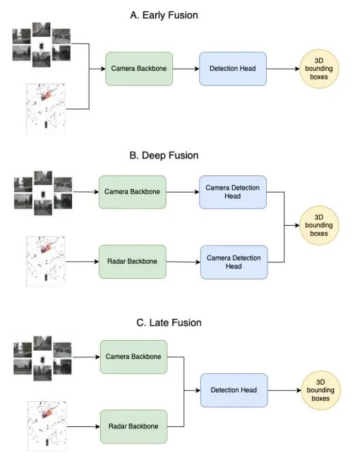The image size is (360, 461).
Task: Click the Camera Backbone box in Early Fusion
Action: coord(139,69)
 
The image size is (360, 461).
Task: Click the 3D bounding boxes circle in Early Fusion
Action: coord(321,70)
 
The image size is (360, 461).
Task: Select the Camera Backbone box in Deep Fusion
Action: coord(132,192)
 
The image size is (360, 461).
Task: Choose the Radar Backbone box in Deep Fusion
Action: coord(132,260)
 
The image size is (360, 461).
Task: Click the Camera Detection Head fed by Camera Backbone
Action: coord(233,192)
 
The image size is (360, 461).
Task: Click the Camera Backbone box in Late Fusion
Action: coord(133,356)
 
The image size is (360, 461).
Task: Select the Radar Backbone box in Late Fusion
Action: coord(133,426)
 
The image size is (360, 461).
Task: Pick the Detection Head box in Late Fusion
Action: coord(233,390)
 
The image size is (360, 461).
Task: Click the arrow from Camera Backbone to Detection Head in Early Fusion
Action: coord(186,69)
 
